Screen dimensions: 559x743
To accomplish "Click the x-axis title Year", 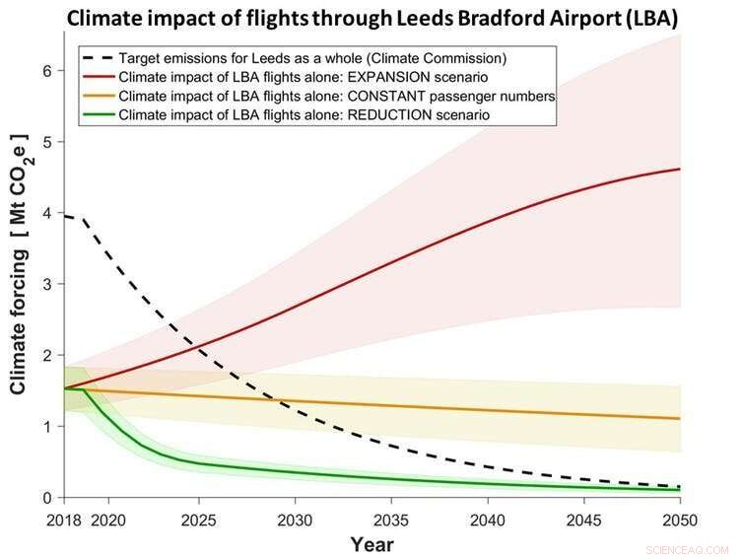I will [x=371, y=544].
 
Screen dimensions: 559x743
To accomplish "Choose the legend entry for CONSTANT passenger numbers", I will [x=336, y=96].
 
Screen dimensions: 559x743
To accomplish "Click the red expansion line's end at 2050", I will [x=680, y=170].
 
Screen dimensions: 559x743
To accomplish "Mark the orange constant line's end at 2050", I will [x=680, y=419].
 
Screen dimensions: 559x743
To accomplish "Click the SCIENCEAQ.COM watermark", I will [x=697, y=549].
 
